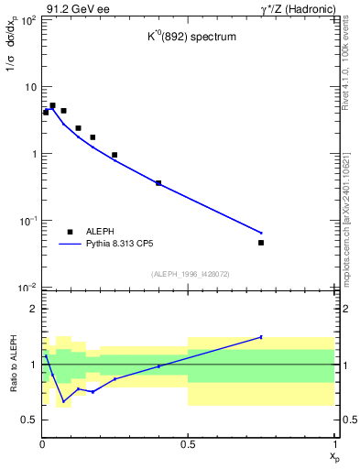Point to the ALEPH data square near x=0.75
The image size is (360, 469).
(x=261, y=243)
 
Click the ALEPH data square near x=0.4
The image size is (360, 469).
(x=158, y=183)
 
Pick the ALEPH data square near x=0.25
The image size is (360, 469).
(x=115, y=155)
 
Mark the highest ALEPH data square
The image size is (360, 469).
(x=52, y=105)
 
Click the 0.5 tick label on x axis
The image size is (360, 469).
(x=188, y=443)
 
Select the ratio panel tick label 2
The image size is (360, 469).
(x=32, y=310)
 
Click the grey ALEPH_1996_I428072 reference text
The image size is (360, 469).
(x=189, y=274)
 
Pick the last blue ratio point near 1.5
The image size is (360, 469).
(x=261, y=337)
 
